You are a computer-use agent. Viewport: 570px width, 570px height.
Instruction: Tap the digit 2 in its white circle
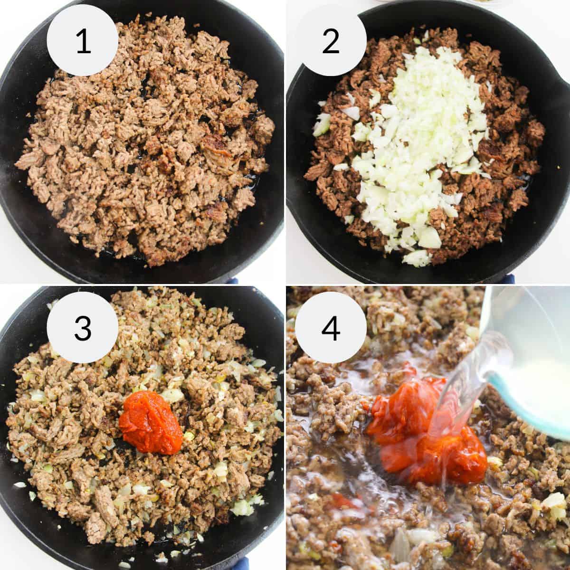click(x=331, y=41)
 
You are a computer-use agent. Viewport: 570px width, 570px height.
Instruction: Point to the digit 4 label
click(x=331, y=328)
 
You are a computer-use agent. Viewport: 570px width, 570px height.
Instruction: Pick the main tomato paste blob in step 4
click(x=418, y=427)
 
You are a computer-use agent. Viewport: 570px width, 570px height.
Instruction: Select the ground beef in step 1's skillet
click(x=142, y=142)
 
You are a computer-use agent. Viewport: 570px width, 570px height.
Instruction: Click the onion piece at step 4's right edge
click(x=555, y=501)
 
